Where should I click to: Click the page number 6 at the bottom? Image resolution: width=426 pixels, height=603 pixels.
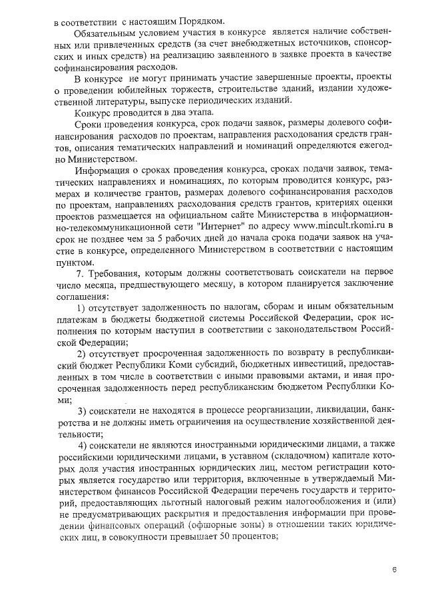coord(394,570)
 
